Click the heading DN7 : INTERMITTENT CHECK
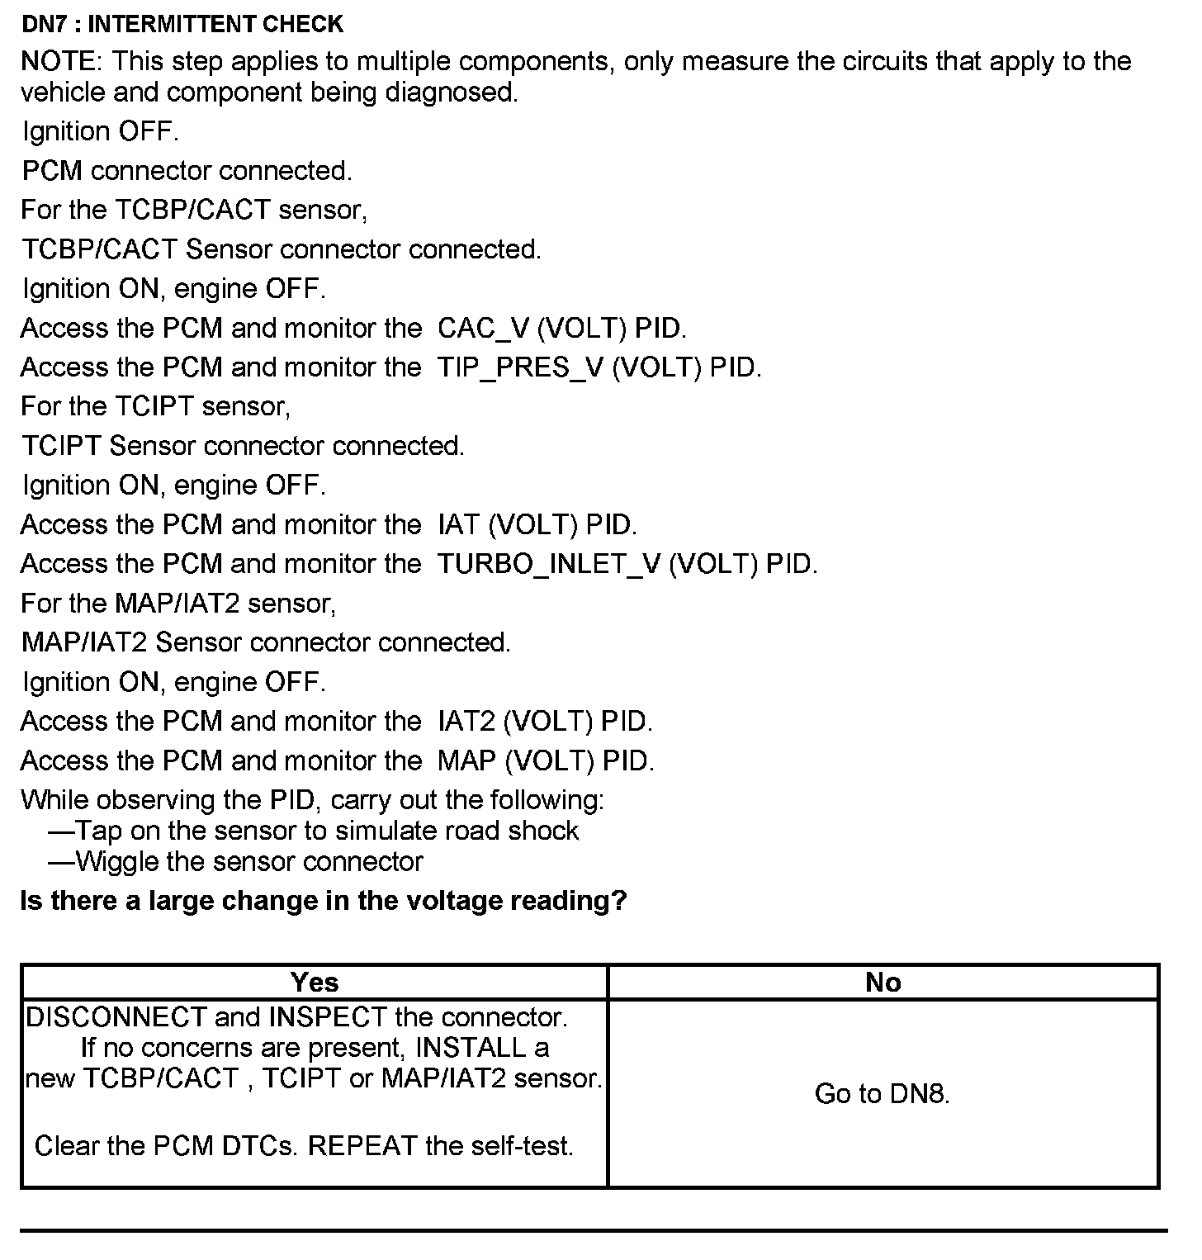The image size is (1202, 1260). coord(182,24)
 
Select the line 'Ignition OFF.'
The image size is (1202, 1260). coord(100,131)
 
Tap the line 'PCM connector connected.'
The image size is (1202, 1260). coord(187,171)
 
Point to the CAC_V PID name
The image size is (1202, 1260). coord(483,329)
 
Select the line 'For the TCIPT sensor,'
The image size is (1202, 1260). coord(156,406)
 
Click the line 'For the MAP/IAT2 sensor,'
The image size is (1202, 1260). coord(178,604)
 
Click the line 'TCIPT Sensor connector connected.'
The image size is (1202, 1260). coord(243,446)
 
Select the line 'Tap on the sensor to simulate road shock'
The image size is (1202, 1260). coord(326,831)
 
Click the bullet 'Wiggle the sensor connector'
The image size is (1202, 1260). coord(248,862)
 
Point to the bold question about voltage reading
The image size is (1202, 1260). coord(323,901)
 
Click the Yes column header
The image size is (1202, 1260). coord(315,983)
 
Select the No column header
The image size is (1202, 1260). coord(883,983)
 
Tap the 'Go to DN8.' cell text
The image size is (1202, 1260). coord(882,1094)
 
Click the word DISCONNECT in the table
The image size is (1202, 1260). coord(116,1017)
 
